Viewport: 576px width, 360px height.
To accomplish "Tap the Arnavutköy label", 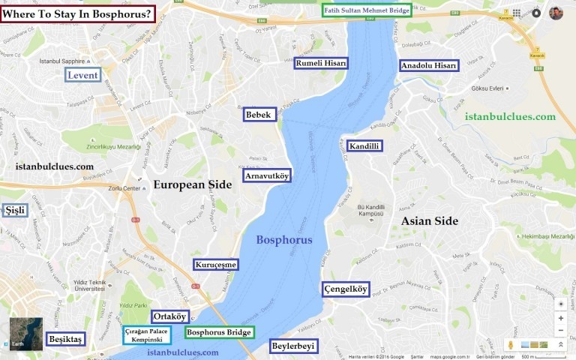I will (268, 175).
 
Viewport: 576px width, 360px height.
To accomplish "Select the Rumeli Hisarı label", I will (321, 64).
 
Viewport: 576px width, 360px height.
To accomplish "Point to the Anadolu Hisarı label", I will (428, 66).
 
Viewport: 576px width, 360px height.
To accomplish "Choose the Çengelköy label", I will (346, 289).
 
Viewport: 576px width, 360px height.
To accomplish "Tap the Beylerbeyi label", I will (294, 346).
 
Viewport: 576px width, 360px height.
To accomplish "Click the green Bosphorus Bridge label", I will (219, 332).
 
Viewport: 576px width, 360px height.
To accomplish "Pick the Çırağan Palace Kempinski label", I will (147, 335).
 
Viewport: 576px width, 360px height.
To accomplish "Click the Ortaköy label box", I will (170, 316).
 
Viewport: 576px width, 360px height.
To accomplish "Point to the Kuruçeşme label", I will (216, 265).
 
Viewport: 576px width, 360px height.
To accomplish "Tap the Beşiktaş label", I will (65, 339).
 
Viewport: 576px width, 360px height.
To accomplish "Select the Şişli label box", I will (15, 210).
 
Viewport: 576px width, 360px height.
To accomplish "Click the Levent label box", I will (82, 76).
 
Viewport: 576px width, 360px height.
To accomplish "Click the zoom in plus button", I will (561, 318).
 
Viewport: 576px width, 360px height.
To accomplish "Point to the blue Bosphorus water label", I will (284, 240).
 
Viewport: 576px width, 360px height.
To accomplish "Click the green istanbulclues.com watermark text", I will (510, 116).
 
